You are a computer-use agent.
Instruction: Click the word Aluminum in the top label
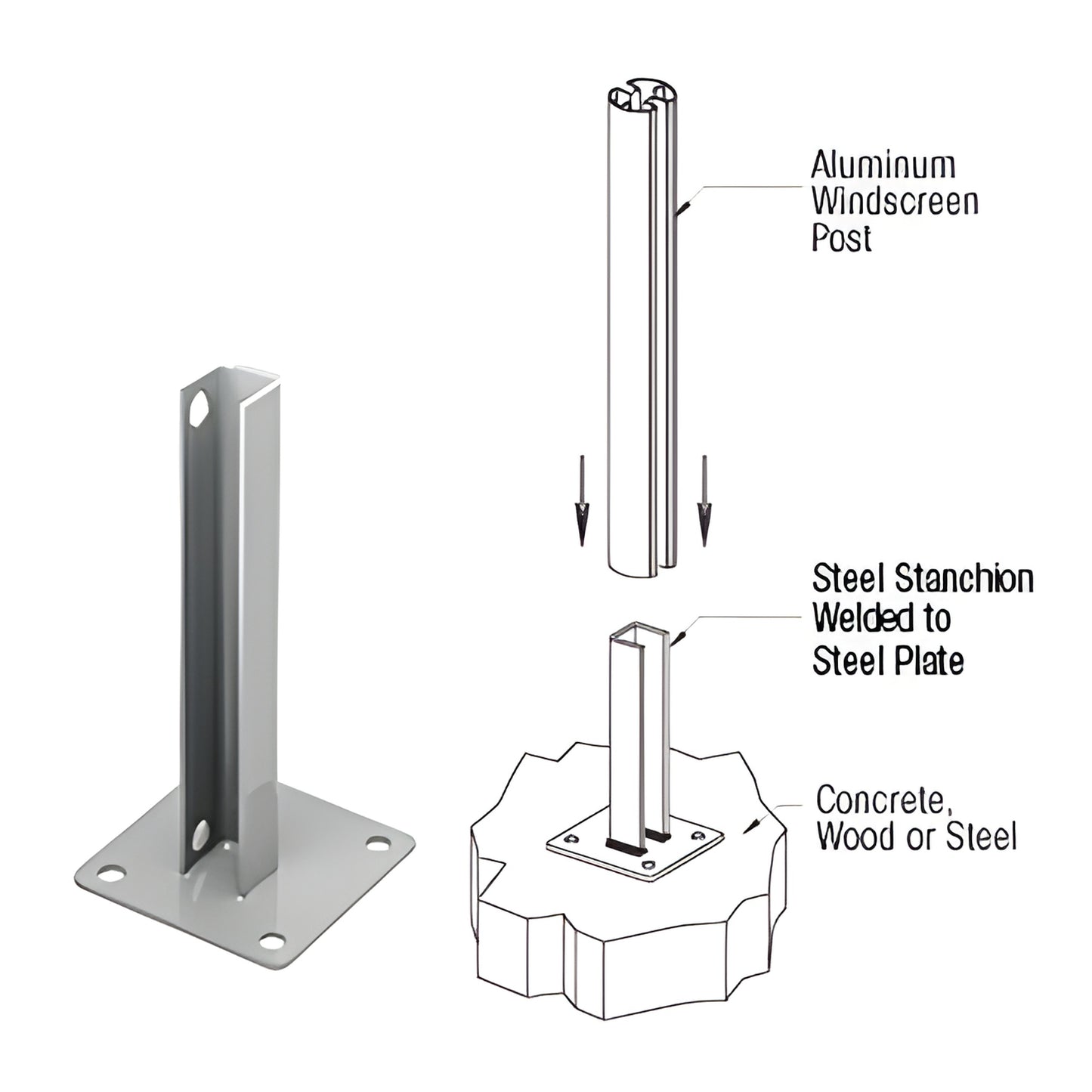pos(883,165)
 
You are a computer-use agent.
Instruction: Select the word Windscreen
pos(895,202)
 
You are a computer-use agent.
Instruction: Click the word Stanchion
pos(964,580)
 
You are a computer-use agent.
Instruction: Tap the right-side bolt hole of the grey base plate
pos(376,844)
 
